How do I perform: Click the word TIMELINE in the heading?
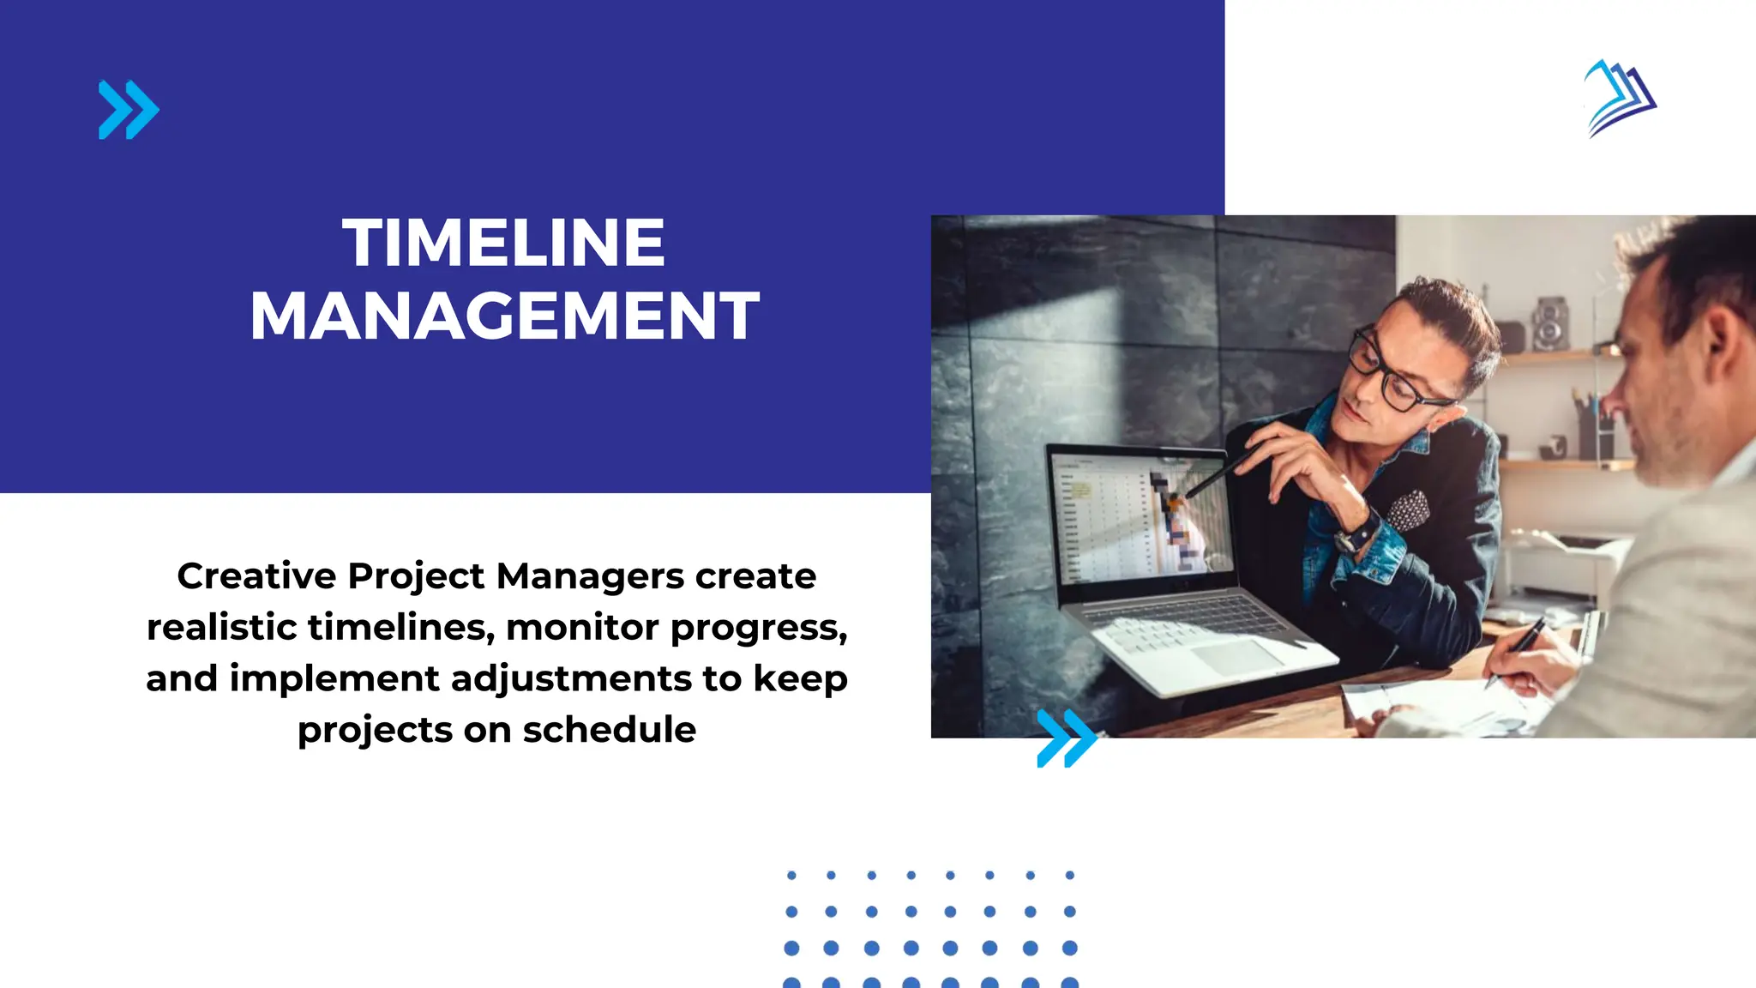click(503, 243)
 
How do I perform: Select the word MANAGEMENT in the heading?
click(504, 316)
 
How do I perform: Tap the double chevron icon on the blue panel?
click(129, 110)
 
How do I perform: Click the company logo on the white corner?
click(1620, 98)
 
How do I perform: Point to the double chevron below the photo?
click(1066, 738)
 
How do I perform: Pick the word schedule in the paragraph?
click(609, 730)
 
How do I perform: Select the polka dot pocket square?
click(1408, 511)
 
